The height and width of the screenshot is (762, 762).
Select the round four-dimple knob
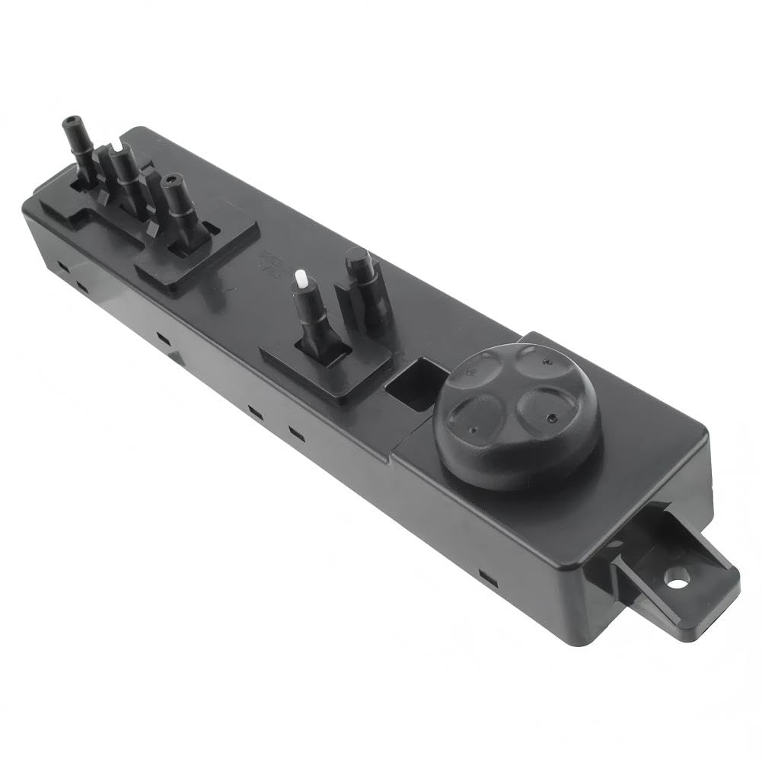click(x=517, y=416)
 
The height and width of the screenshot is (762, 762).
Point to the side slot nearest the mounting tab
click(x=487, y=579)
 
